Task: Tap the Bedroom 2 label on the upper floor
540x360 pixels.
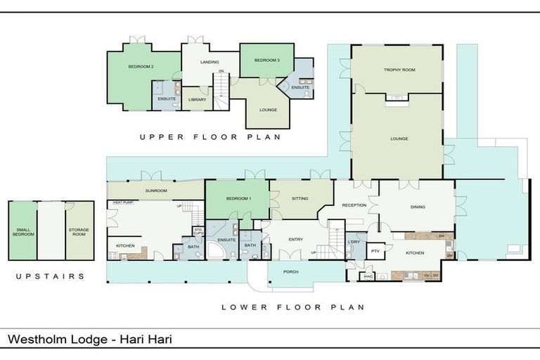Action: pos(141,67)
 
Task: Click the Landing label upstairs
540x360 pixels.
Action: pos(209,62)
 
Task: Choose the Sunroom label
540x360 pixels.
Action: pos(156,191)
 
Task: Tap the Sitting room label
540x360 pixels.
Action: pos(300,199)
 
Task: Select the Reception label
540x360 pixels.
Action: pos(354,206)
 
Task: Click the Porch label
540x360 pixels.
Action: pos(291,271)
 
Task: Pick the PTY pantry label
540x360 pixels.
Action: pos(375,251)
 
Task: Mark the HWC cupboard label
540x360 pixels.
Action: pos(368,276)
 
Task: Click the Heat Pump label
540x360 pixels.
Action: pos(123,202)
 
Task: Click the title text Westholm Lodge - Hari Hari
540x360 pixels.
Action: pos(89,340)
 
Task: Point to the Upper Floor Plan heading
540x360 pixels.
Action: pos(210,137)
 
